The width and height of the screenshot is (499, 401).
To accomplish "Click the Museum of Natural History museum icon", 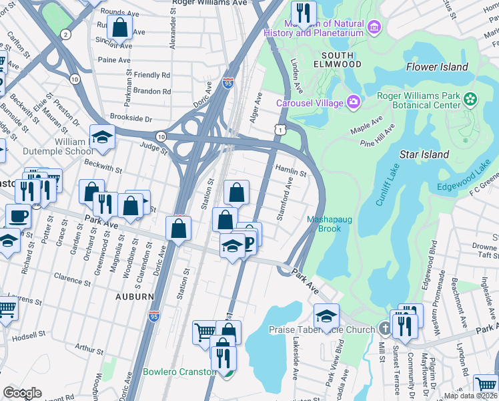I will (x=374, y=27).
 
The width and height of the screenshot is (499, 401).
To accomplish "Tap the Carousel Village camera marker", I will (x=353, y=102).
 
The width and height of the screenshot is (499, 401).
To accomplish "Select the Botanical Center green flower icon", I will (x=471, y=100).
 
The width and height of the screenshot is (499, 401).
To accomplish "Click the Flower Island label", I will (x=437, y=67).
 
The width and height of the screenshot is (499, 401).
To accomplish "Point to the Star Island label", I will (x=424, y=154).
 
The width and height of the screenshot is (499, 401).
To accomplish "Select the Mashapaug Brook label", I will (x=324, y=224).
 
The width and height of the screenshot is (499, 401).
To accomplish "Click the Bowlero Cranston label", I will (x=179, y=372).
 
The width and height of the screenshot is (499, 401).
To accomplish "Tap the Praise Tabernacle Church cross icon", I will (x=384, y=329).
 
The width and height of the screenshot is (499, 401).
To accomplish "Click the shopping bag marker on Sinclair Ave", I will (x=120, y=28).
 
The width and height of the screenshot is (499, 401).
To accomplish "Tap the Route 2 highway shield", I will (x=65, y=34).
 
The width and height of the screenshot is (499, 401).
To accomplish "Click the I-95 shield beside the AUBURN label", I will (x=154, y=312).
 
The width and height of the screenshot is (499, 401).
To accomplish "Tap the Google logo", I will (x=22, y=393).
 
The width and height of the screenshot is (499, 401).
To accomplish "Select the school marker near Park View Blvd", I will (x=326, y=315).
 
